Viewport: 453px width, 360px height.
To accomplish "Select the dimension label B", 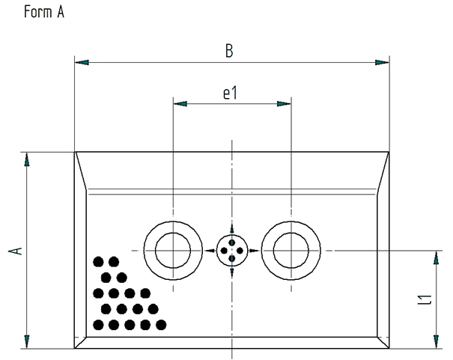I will tap(230, 52).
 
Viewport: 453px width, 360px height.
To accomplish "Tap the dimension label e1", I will tap(231, 94).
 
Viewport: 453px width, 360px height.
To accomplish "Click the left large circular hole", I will tap(173, 250).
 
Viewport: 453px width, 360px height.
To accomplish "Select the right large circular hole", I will tap(291, 250).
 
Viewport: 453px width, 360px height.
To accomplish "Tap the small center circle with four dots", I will tap(232, 250).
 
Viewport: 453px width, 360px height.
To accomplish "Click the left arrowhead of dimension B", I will tap(82, 62).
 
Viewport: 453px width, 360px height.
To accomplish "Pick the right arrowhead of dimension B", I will tap(383, 62).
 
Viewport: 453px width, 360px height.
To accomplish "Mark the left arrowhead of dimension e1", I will tap(180, 105).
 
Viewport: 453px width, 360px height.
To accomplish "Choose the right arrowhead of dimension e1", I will tap(285, 105).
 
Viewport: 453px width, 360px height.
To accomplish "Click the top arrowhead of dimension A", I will tap(28, 159).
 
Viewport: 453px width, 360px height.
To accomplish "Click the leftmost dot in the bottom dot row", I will tap(98, 325).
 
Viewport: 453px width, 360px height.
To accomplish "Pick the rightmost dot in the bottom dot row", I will tap(160, 325).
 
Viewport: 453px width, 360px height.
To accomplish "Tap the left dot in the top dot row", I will tap(98, 261).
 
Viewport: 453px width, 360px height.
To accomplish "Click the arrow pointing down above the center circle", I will tap(232, 230).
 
